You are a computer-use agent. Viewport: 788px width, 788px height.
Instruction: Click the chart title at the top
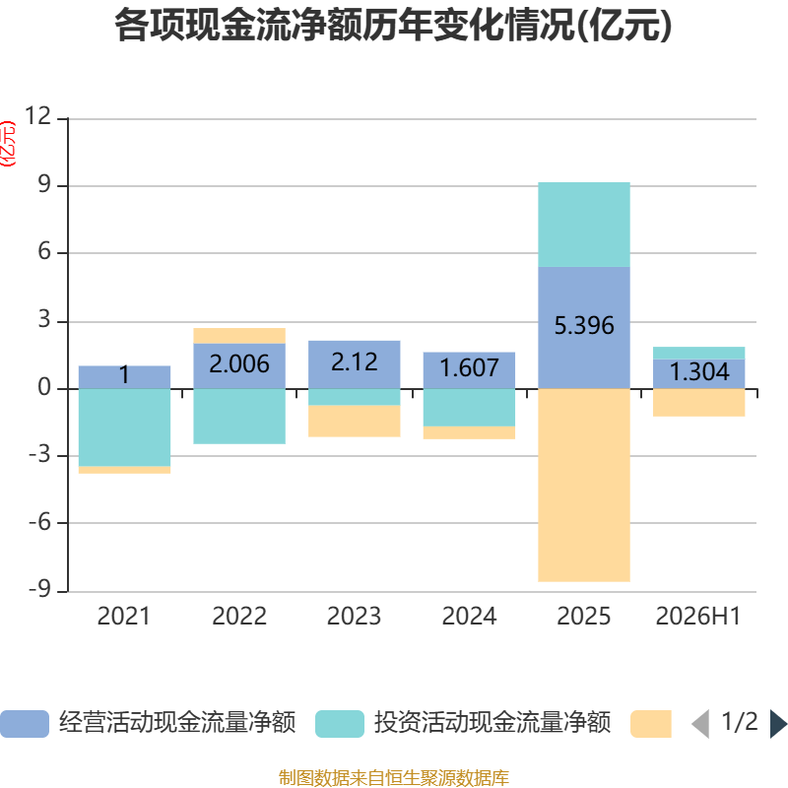click(393, 26)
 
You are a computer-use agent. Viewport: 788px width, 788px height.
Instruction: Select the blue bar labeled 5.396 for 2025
click(584, 328)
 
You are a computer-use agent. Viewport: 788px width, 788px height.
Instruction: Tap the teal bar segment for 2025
click(584, 225)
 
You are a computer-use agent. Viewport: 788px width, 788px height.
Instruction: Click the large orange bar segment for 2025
click(584, 486)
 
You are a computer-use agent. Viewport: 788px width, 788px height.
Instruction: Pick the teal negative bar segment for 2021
click(125, 427)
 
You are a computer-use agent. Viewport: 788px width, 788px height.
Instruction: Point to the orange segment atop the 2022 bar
click(239, 336)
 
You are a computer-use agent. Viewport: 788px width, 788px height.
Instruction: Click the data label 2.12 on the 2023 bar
click(355, 362)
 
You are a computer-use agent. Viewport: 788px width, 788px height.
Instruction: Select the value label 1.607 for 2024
click(470, 367)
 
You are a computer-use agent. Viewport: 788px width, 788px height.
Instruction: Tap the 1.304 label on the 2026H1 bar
click(699, 372)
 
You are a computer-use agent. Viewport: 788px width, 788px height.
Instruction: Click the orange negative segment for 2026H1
click(699, 403)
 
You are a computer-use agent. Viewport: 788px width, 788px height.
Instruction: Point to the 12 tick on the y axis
click(38, 116)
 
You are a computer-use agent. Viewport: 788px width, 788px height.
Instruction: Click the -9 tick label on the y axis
click(40, 589)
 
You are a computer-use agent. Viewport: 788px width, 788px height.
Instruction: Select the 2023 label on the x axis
click(355, 617)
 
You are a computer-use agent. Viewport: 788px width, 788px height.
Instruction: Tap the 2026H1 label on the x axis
click(698, 617)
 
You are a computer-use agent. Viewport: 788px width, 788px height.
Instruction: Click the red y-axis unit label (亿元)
click(9, 144)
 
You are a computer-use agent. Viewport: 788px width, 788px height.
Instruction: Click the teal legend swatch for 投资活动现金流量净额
click(340, 724)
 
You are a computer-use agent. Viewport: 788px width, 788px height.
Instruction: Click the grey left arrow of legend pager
click(701, 724)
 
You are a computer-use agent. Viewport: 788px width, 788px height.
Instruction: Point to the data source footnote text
click(394, 777)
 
